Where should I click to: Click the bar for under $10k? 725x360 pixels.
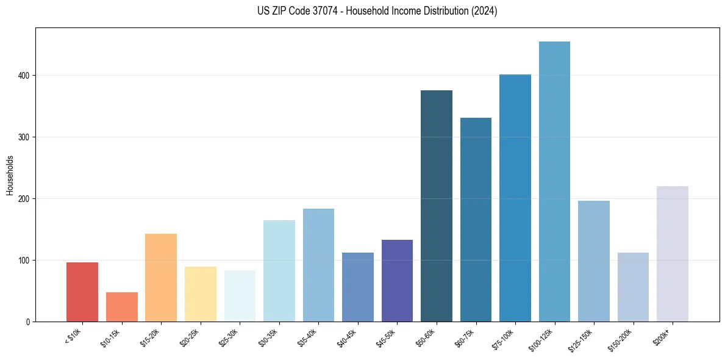82,292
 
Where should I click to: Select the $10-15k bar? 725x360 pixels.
121,307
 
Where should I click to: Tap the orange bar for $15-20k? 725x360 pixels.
161,278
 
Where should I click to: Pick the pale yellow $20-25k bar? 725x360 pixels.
200,294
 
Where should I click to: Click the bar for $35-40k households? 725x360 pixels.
318,265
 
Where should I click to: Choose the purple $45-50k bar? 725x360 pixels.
397,281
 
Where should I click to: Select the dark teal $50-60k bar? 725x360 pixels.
437,206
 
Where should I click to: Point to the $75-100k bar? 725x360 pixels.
515,198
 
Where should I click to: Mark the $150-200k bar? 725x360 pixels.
633,287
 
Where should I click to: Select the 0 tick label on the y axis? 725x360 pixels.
28,322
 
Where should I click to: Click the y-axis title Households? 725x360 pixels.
10,175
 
